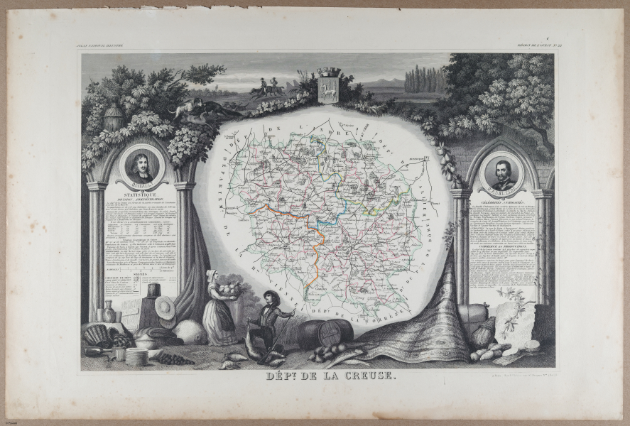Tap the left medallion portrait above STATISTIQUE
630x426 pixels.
[141, 165]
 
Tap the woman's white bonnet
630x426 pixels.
[211, 274]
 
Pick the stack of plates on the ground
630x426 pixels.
[136, 356]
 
